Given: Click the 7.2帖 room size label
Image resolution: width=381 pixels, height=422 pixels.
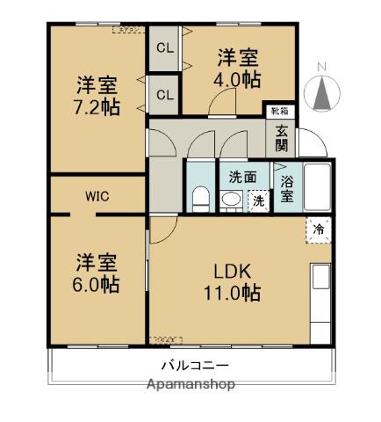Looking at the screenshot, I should [x=97, y=107].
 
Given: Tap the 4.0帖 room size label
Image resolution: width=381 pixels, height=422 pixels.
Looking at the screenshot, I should [x=238, y=78].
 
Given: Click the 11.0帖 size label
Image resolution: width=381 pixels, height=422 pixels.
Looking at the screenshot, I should [x=232, y=293].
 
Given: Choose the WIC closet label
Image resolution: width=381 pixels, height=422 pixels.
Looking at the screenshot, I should [x=97, y=196].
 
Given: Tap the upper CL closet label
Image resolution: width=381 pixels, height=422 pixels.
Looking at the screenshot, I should [x=164, y=48].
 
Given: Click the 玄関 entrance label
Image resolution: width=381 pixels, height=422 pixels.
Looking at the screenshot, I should [x=282, y=137].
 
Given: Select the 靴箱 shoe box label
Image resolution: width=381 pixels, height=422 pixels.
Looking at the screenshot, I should [x=278, y=112].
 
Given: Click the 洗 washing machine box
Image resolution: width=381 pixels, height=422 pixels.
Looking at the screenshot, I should [x=257, y=201].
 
